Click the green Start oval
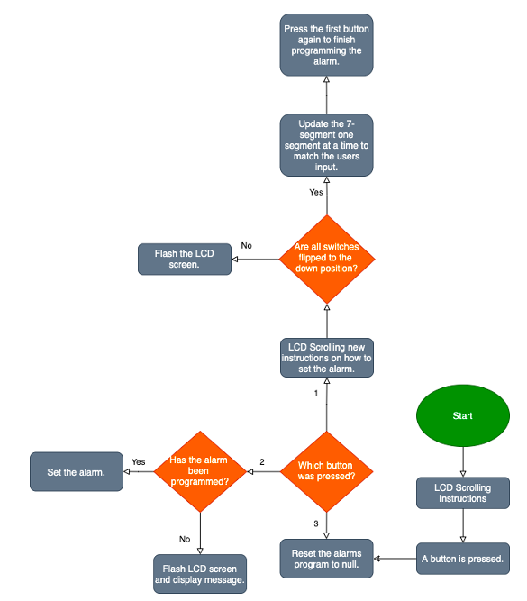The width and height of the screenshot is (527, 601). [x=463, y=416]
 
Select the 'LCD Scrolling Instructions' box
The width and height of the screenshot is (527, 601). [x=462, y=493]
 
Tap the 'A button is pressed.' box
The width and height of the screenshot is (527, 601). [x=463, y=559]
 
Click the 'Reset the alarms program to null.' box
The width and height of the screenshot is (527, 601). [x=326, y=559]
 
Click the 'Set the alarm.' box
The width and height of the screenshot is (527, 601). [x=76, y=471]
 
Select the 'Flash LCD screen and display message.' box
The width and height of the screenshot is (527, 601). [x=199, y=573]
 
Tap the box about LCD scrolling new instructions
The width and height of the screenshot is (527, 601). [x=326, y=358]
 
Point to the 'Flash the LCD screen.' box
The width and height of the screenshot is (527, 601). [x=185, y=260]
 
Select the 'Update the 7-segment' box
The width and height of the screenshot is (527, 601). [x=326, y=144]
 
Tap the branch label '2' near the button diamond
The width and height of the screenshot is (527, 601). [x=262, y=462]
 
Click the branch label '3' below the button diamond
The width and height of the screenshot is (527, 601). [x=316, y=524]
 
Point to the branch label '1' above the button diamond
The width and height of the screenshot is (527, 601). [x=316, y=394]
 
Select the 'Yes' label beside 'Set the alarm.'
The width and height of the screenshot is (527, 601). [x=139, y=461]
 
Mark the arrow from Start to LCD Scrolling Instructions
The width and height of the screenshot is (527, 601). [x=463, y=461]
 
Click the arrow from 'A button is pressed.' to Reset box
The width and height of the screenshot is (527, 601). [x=395, y=559]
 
